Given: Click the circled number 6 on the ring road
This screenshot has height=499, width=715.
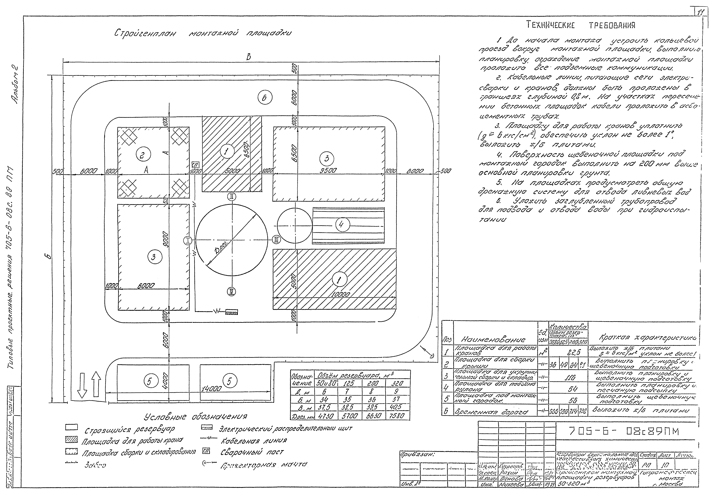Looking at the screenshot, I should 265,98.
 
